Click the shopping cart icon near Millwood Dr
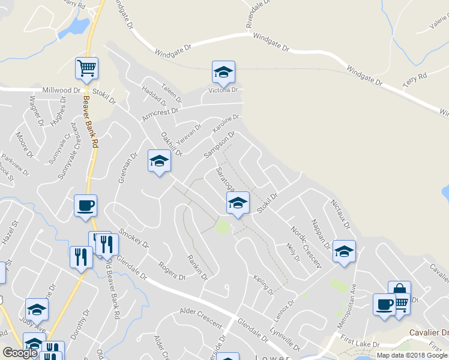click(87, 68)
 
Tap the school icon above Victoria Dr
click(223, 72)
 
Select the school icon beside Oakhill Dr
click(159, 161)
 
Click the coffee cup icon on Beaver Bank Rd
click(85, 205)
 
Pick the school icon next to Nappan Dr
click(344, 251)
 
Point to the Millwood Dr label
click(61, 90)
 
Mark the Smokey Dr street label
click(134, 238)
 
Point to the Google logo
click(20, 353)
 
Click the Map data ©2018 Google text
click(412, 355)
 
